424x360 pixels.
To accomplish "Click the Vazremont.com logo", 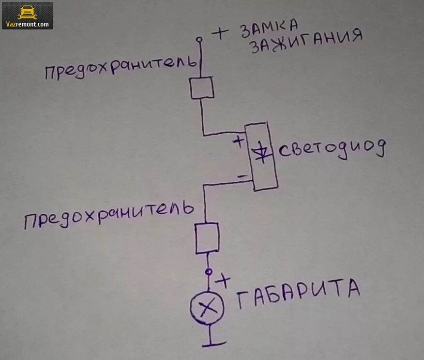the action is pyautogui.click(x=27, y=16).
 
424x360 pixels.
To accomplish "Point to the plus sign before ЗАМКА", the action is pyautogui.click(x=220, y=33).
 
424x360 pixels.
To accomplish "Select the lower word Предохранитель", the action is pyautogui.click(x=109, y=216).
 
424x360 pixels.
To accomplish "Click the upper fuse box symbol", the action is pyautogui.click(x=202, y=88).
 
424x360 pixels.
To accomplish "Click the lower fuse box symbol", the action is pyautogui.click(x=207, y=238).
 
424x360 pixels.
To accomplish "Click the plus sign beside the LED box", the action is pyautogui.click(x=238, y=141).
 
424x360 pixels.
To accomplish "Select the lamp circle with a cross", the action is pyautogui.click(x=208, y=306).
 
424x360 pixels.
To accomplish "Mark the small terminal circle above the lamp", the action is pyautogui.click(x=209, y=272).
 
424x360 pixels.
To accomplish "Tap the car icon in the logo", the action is pyautogui.click(x=27, y=11).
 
